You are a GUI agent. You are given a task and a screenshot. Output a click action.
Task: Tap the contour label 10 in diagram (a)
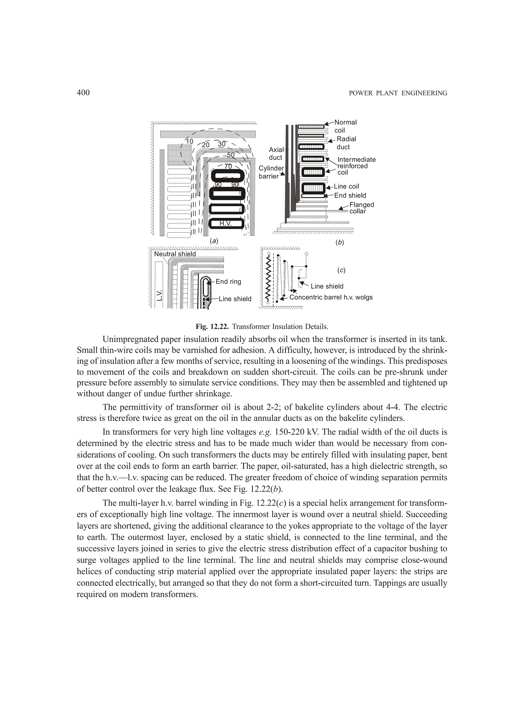coord(189,142)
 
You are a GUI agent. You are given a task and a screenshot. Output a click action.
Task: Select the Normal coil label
coord(345,126)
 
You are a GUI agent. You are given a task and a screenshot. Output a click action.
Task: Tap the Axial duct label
coord(276,153)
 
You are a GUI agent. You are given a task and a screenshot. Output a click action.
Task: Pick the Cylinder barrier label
coord(271,172)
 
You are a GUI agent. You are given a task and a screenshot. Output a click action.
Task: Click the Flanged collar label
coord(361,208)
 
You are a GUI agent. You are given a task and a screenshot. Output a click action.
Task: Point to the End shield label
coord(350,196)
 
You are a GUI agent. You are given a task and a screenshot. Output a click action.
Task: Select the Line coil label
coord(346,187)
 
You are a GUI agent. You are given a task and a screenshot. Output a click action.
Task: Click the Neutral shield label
coord(175,254)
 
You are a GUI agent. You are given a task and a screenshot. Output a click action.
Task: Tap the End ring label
coord(228,281)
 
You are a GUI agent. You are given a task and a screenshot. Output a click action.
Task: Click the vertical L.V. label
coord(160,295)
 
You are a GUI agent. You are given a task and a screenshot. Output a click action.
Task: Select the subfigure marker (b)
coord(340,242)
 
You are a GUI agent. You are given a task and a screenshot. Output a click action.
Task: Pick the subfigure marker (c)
coord(341,270)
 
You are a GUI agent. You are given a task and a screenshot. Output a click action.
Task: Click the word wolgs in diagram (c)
coord(363,297)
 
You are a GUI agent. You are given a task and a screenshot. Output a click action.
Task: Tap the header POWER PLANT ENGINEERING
coord(398,93)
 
